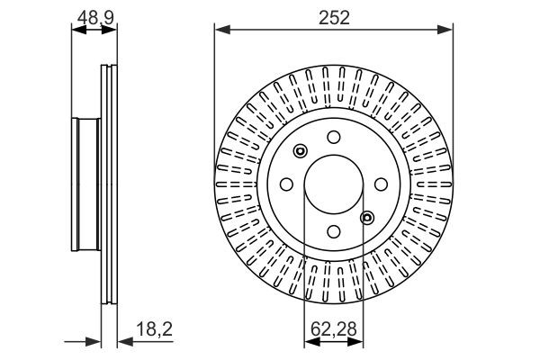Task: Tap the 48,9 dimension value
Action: [94, 14]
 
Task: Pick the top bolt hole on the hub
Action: [334, 137]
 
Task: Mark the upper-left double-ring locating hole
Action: [300, 150]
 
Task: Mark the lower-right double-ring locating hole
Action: [367, 217]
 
